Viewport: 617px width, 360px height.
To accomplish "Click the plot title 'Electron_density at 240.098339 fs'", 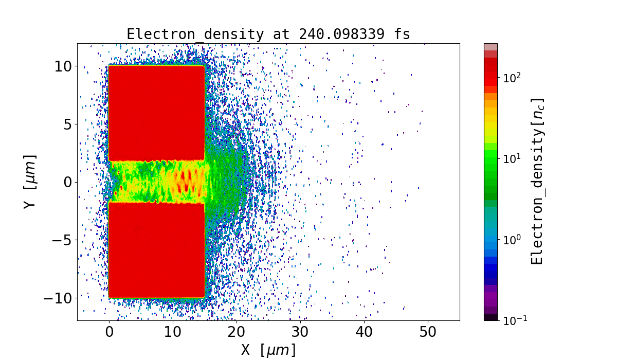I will coord(268,34).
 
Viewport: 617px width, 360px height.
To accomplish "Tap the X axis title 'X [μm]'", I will coord(268,350).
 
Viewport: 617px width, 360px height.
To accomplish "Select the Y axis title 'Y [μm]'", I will coord(30,182).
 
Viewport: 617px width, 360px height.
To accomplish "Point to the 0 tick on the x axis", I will coord(109,332).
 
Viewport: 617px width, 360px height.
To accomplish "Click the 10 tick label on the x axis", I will coord(173,332).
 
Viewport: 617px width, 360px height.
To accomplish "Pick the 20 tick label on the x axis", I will coord(237,332).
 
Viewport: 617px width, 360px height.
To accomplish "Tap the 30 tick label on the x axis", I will coord(300,332).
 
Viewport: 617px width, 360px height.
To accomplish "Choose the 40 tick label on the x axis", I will coord(364,332).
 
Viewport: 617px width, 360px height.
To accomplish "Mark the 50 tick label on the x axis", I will coord(428,332).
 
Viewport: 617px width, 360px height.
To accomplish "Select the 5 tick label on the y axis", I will coord(68,124).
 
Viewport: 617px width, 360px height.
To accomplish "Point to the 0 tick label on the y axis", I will coord(68,182).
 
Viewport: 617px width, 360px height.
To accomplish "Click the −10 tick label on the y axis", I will coord(59,298).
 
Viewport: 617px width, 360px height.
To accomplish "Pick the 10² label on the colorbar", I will coord(512,77).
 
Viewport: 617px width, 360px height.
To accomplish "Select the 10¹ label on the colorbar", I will coord(512,158).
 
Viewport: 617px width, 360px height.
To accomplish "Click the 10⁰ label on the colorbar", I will coord(512,239).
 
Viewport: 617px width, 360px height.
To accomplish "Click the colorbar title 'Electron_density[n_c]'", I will coord(537,182).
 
